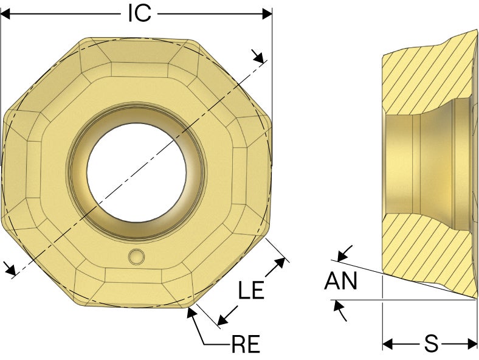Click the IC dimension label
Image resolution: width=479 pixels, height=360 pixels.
(x=140, y=13)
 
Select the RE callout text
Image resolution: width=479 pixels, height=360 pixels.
(x=246, y=344)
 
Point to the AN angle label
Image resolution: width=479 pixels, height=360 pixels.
(x=340, y=280)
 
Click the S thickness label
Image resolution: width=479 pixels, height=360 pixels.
(x=431, y=343)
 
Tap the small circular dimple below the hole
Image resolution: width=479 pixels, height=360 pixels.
(x=136, y=257)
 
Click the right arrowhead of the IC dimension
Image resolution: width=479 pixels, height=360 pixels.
(x=267, y=14)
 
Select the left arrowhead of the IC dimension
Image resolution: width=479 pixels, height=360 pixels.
(x=5, y=14)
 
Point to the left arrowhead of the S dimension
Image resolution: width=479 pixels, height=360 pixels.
(x=387, y=344)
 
